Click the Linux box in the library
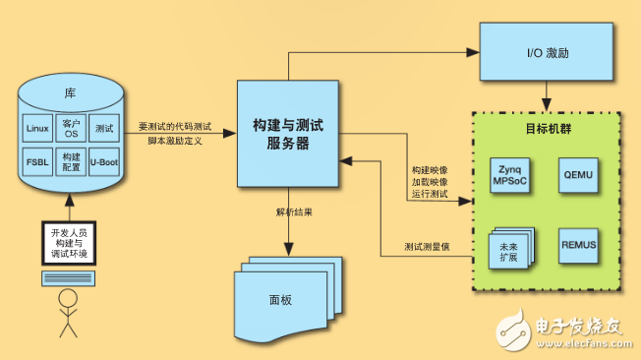coord(37,129)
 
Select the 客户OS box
coord(70,129)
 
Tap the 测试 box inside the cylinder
coord(103,129)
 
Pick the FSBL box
coord(37,160)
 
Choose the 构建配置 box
coord(70,160)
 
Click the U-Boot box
coord(103,160)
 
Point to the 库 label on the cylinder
coord(70,93)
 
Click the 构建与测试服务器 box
coord(288,134)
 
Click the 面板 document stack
coord(284,295)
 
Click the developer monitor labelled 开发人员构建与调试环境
coord(69,242)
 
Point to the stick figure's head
coord(68,298)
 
